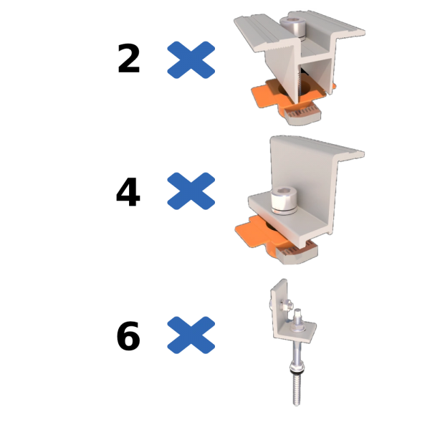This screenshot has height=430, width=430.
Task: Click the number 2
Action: pyautogui.click(x=128, y=59)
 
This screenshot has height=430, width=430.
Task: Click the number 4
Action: pyautogui.click(x=128, y=191)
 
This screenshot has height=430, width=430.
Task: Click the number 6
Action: pyautogui.click(x=128, y=336)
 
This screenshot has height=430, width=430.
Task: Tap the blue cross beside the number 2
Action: pyautogui.click(x=191, y=59)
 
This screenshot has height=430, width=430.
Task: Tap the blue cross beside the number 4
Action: pyautogui.click(x=191, y=191)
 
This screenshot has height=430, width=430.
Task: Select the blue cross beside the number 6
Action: pyautogui.click(x=191, y=335)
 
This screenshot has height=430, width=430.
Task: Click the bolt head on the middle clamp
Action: pyautogui.click(x=283, y=201)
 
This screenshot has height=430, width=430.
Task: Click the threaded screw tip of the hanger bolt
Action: pyautogui.click(x=296, y=390)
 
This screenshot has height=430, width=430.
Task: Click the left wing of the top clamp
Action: pyautogui.click(x=263, y=33)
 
